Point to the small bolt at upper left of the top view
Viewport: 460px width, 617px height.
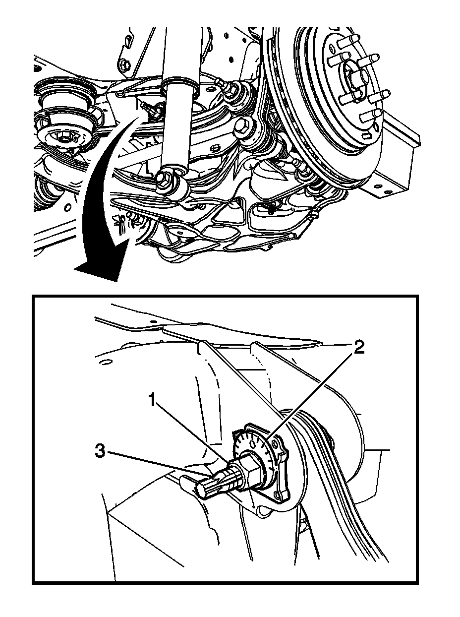(123, 64)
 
